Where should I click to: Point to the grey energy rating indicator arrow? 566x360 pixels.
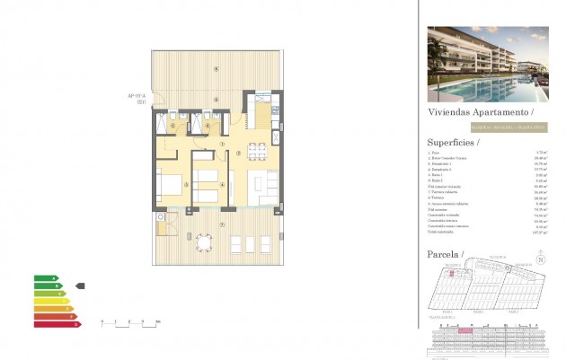[80, 285]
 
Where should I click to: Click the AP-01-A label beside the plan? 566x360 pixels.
[137, 98]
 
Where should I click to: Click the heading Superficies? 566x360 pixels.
[455, 142]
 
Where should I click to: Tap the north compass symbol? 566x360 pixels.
[539, 261]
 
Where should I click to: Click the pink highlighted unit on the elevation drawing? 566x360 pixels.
[464, 331]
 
